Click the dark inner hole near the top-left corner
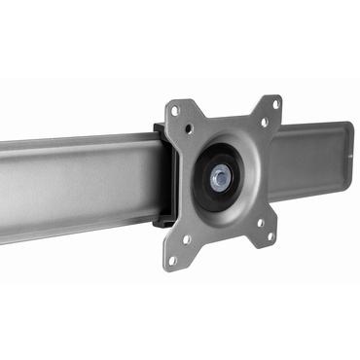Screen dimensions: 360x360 click(x=189, y=127)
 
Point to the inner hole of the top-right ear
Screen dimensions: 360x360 click(x=263, y=123)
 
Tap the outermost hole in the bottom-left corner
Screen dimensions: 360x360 click(x=173, y=259)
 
